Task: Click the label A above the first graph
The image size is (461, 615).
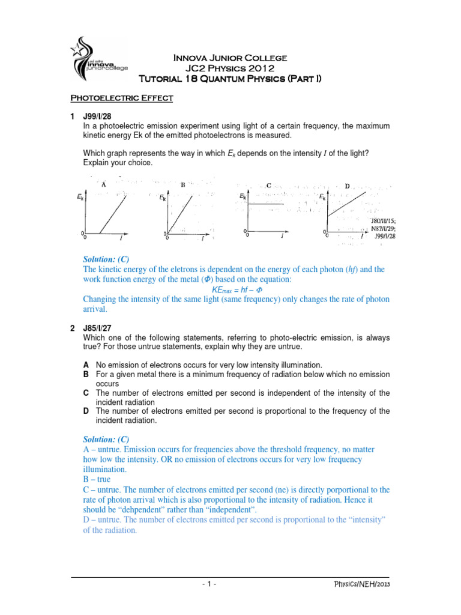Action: pos(104,184)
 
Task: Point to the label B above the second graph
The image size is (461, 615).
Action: pos(182,185)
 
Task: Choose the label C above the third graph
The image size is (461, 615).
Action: pos(268,185)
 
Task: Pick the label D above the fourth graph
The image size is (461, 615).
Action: pos(347,186)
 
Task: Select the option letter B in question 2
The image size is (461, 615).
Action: pos(86,374)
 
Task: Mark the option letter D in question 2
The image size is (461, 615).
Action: pos(86,411)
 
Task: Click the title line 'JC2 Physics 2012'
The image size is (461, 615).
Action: pos(230,68)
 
